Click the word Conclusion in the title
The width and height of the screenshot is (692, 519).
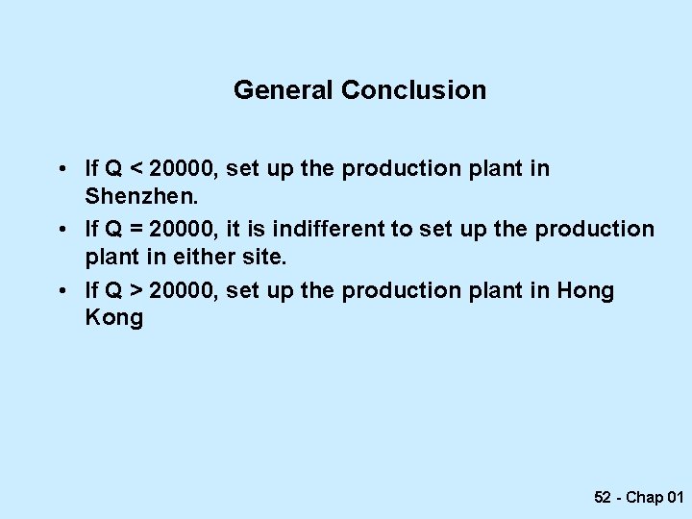[x=413, y=90]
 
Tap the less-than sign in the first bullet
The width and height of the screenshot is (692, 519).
[x=137, y=169]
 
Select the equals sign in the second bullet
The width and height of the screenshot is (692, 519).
[x=137, y=230]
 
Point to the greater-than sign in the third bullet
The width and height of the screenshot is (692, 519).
[x=137, y=290]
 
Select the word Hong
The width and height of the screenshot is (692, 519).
[x=585, y=290]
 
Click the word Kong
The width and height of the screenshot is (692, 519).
[x=113, y=317]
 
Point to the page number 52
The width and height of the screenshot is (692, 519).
[x=603, y=497]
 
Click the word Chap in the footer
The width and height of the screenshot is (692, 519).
[x=645, y=497]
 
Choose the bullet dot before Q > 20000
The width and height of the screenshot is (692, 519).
[x=61, y=291]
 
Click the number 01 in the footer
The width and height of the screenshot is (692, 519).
[x=675, y=497]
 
